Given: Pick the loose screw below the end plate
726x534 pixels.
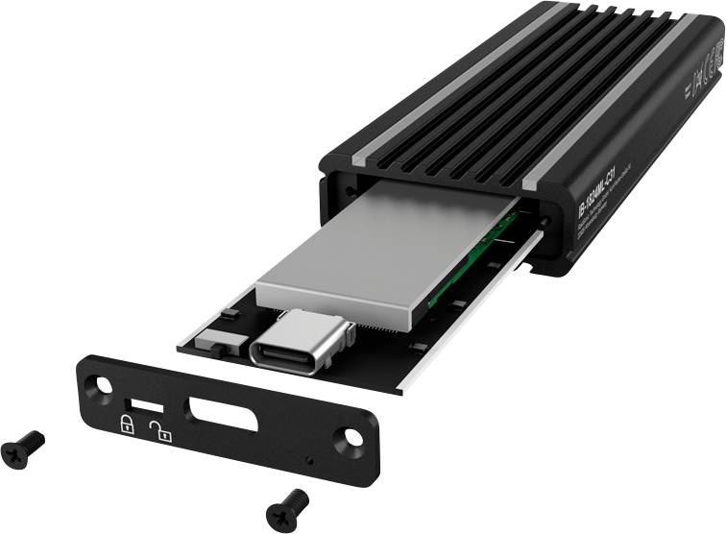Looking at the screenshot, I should (x=286, y=502).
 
